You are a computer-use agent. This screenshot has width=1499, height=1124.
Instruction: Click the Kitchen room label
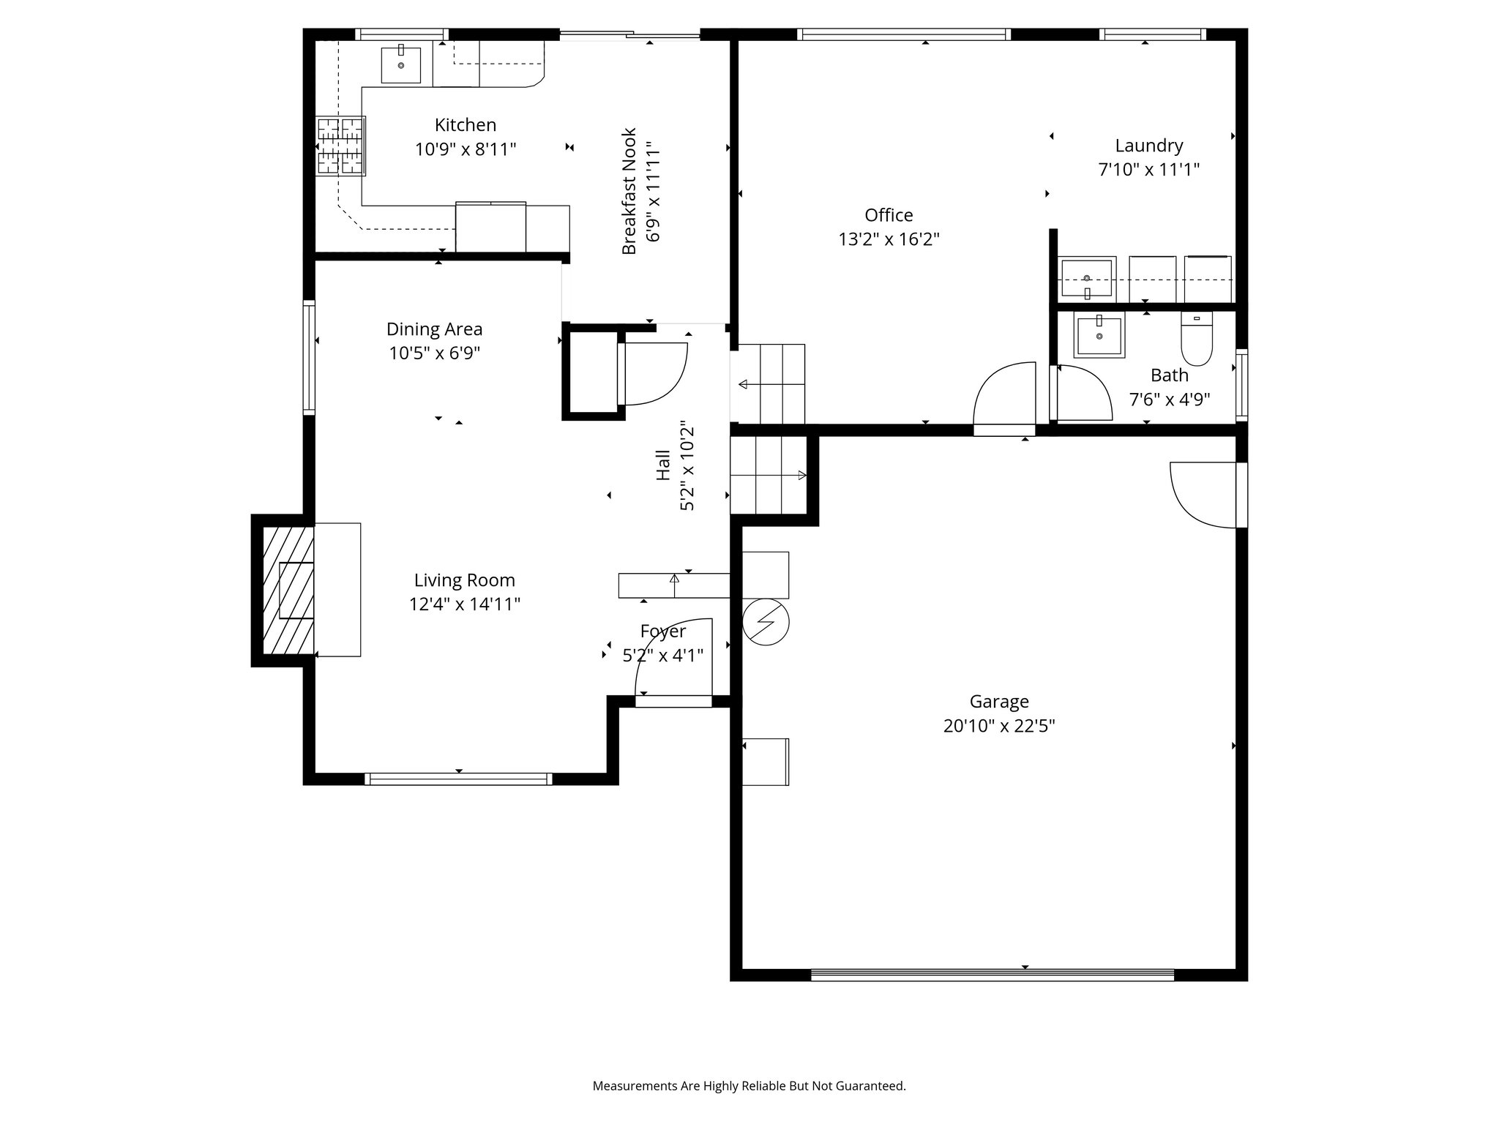(466, 125)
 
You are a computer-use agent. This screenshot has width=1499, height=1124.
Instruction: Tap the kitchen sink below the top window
(400, 64)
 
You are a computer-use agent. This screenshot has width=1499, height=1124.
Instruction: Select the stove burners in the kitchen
(340, 146)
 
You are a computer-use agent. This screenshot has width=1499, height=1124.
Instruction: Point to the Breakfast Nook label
(630, 192)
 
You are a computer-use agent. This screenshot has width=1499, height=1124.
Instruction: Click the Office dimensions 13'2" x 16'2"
(889, 239)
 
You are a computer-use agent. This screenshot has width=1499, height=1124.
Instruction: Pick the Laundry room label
(1148, 146)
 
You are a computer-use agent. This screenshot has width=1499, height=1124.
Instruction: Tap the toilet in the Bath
(1197, 339)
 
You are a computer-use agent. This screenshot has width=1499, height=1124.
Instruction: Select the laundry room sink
(1087, 279)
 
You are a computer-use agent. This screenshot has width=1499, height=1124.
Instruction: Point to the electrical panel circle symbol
(766, 622)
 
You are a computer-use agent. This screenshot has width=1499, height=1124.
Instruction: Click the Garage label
(999, 702)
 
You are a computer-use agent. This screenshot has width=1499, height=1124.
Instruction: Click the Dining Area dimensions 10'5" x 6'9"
(434, 353)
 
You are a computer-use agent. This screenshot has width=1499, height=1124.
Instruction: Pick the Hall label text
(663, 465)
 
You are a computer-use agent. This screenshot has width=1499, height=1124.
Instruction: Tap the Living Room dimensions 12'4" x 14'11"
(464, 604)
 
